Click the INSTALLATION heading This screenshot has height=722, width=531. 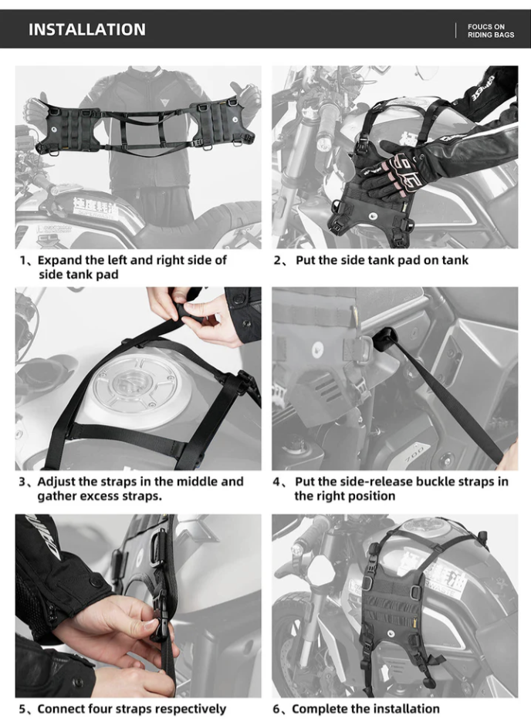tap(86, 29)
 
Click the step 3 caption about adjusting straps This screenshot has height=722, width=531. tap(131, 488)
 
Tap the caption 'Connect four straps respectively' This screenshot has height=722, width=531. tap(122, 708)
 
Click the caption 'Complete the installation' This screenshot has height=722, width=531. tap(357, 708)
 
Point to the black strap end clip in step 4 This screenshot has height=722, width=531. tap(384, 337)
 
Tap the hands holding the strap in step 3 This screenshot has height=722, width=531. tap(193, 312)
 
